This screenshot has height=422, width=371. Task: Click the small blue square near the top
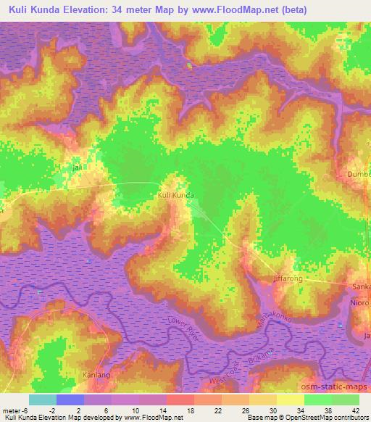point(190,65)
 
